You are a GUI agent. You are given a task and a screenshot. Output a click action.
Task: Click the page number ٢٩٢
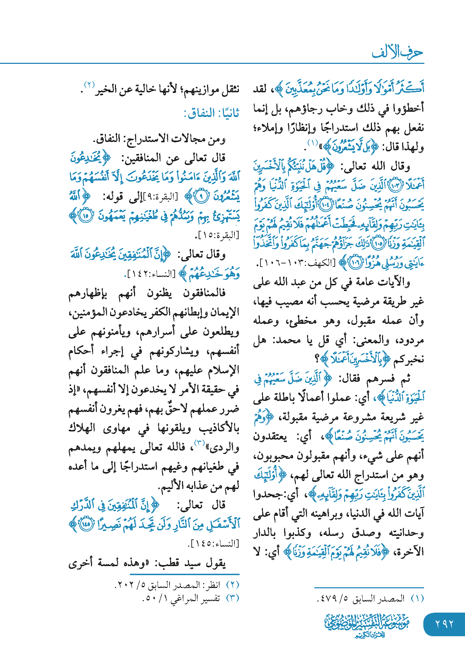[444, 624]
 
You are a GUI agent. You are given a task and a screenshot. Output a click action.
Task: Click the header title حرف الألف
[397, 52]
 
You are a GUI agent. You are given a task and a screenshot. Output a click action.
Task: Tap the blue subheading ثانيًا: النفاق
[211, 113]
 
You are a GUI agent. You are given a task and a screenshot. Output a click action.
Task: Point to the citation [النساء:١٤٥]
[214, 544]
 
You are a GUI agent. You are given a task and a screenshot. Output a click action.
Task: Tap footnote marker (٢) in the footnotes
[233, 585]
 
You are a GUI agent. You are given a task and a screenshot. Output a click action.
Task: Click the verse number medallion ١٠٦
[354, 262]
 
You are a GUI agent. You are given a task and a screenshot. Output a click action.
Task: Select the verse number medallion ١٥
[86, 216]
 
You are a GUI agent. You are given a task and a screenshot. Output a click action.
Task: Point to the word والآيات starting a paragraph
[394, 282]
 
